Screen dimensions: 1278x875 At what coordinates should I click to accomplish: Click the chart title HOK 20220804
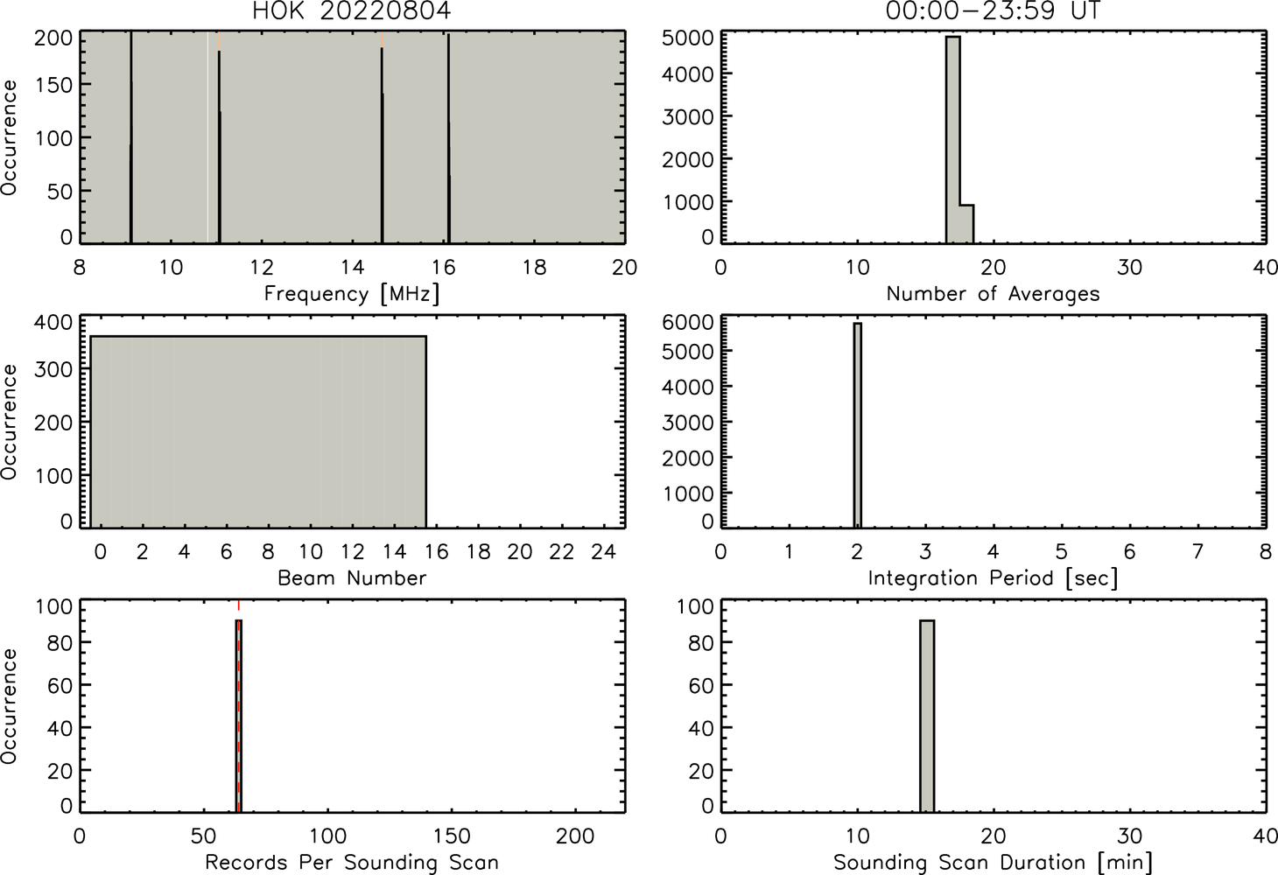pyautogui.click(x=352, y=10)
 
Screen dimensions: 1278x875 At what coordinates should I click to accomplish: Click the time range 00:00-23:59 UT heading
pyautogui.click(x=993, y=10)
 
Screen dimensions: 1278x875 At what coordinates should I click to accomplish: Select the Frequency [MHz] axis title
pyautogui.click(x=352, y=294)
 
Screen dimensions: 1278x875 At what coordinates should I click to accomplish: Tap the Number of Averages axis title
pyautogui.click(x=993, y=294)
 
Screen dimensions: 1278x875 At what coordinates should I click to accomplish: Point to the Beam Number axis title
pyautogui.click(x=352, y=578)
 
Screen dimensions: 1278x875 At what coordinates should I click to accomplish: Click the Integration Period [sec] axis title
pyautogui.click(x=993, y=578)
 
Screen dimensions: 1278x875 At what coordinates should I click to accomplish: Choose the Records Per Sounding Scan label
pyautogui.click(x=352, y=863)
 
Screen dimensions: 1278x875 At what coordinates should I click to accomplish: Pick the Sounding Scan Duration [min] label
pyautogui.click(x=993, y=863)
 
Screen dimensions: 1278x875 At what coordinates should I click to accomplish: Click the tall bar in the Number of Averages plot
pyautogui.click(x=952, y=140)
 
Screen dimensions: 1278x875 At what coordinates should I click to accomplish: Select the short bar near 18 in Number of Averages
pyautogui.click(x=966, y=224)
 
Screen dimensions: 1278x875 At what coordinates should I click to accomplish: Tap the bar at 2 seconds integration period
pyautogui.click(x=858, y=425)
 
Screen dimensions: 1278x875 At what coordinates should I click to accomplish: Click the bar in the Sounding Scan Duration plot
pyautogui.click(x=926, y=716)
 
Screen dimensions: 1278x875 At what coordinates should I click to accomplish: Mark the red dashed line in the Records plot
pyautogui.click(x=238, y=706)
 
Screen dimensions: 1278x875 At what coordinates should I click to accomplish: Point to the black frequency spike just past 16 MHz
pyautogui.click(x=449, y=138)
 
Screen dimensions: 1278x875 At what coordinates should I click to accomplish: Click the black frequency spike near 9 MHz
pyautogui.click(x=130, y=136)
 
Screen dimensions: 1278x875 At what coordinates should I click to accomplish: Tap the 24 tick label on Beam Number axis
pyautogui.click(x=604, y=551)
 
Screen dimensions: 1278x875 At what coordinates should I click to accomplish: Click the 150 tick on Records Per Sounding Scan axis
pyautogui.click(x=452, y=836)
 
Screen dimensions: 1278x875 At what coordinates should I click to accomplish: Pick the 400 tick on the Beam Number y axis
pyautogui.click(x=54, y=323)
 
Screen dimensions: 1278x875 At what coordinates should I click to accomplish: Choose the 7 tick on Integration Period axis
pyautogui.click(x=1197, y=551)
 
